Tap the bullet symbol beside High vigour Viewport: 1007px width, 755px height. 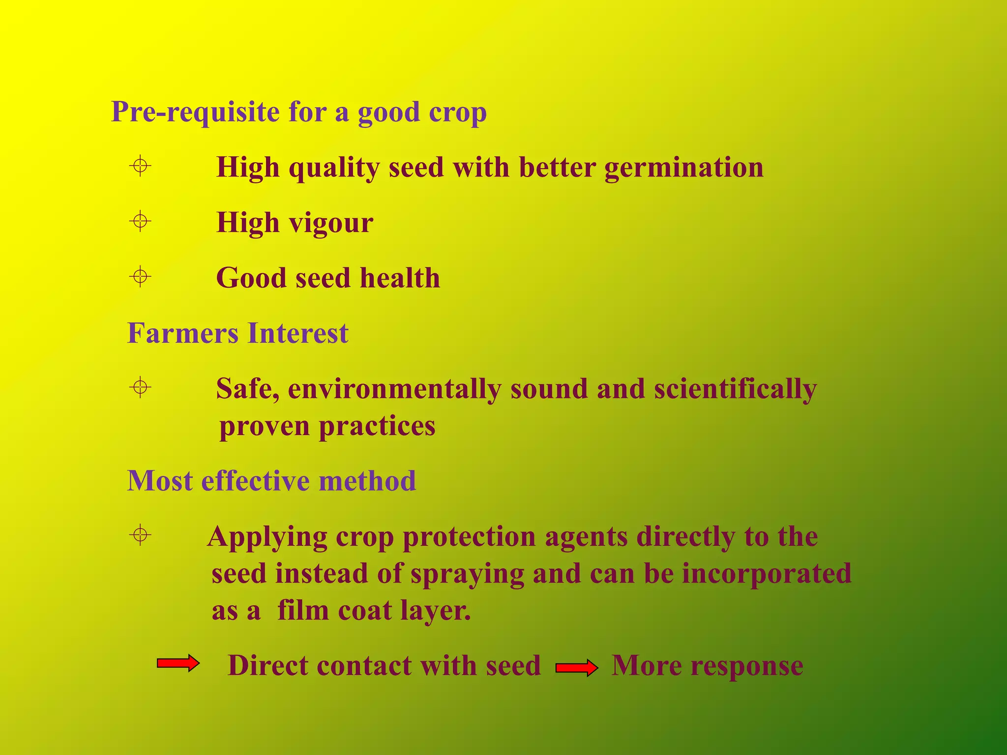[x=140, y=221]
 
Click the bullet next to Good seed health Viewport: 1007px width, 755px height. [x=140, y=277]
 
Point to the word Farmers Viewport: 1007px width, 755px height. [x=182, y=333]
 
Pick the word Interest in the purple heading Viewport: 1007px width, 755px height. [x=298, y=333]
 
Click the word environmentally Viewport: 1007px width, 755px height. [x=394, y=389]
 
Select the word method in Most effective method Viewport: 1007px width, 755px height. [x=367, y=481]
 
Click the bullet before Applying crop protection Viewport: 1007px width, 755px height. [x=140, y=535]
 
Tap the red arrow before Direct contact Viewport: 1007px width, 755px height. [x=178, y=664]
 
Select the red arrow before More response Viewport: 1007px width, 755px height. [x=577, y=668]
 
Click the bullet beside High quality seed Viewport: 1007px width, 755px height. [x=140, y=166]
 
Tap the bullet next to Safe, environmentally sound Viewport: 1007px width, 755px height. [x=140, y=388]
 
